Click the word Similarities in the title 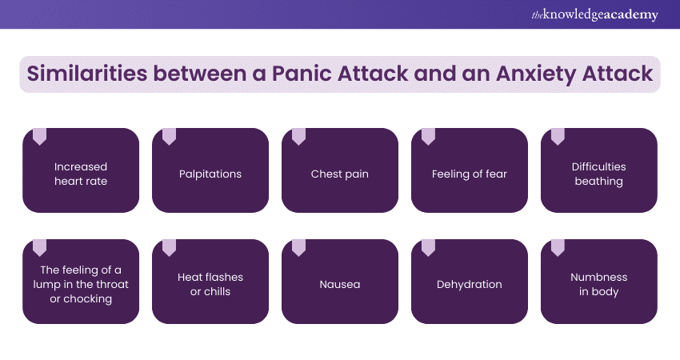[86, 74]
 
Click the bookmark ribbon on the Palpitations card [169, 137]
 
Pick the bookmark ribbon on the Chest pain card [298, 137]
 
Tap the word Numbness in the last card [599, 277]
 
